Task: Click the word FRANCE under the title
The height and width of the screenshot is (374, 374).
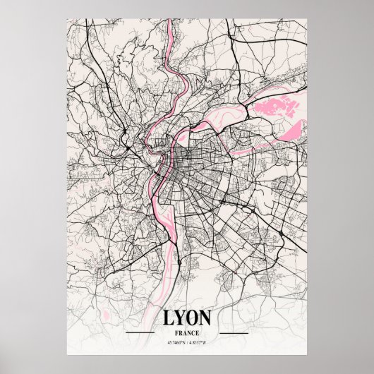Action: (186, 332)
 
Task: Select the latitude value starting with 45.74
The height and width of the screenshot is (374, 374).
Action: (176, 344)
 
